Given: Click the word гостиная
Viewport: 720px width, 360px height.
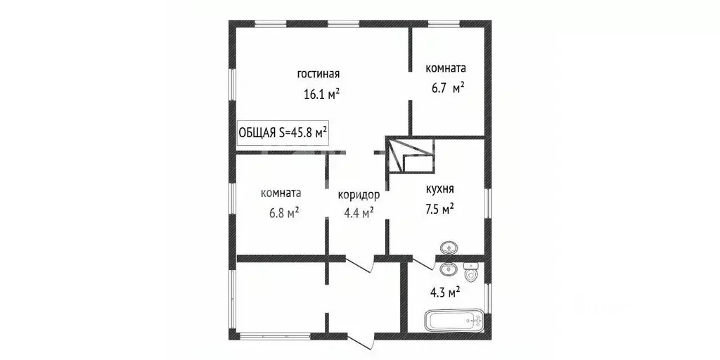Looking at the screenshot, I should click(x=319, y=74).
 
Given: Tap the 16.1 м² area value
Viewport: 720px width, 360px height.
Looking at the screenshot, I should click(x=322, y=94).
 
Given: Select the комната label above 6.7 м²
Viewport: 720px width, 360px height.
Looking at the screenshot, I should click(x=446, y=69).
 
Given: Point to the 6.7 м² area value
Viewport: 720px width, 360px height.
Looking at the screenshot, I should click(x=448, y=89).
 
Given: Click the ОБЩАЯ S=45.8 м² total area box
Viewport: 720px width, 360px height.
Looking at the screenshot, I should click(x=284, y=133).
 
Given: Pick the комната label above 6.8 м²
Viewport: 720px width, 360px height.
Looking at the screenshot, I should click(x=281, y=193).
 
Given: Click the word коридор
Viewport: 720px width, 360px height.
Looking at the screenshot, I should click(x=359, y=195).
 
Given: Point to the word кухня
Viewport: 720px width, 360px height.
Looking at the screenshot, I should click(x=439, y=189).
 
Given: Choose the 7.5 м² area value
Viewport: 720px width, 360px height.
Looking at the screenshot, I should click(x=439, y=209).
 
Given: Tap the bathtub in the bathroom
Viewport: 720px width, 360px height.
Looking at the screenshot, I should click(x=454, y=322).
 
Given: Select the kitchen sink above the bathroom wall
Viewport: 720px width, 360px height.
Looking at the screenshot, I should click(x=448, y=247).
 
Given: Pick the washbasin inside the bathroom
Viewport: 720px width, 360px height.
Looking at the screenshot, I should click(x=448, y=268).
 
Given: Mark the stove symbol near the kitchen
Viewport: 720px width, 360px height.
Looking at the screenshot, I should click(x=411, y=155).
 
